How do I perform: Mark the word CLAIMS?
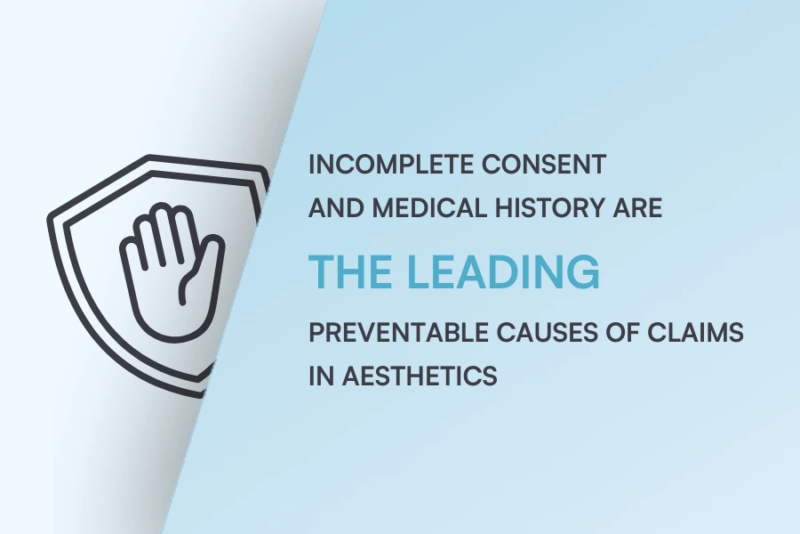coord(693,334)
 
